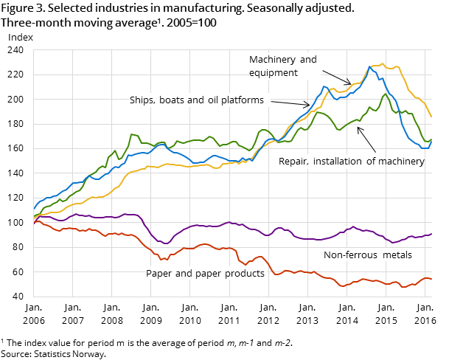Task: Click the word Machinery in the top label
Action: pyautogui.click(x=271, y=59)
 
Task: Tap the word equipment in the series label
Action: pyautogui.click(x=274, y=73)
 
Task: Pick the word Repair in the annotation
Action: pyautogui.click(x=294, y=161)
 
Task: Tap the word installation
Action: pyautogui.click(x=341, y=161)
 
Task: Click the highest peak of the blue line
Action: pyautogui.click(x=370, y=67)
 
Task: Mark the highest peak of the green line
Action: pyautogui.click(x=385, y=94)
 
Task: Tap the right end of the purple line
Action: pyautogui.click(x=431, y=234)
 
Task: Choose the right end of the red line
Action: pyautogui.click(x=431, y=280)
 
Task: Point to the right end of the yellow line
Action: pyautogui.click(x=431, y=117)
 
